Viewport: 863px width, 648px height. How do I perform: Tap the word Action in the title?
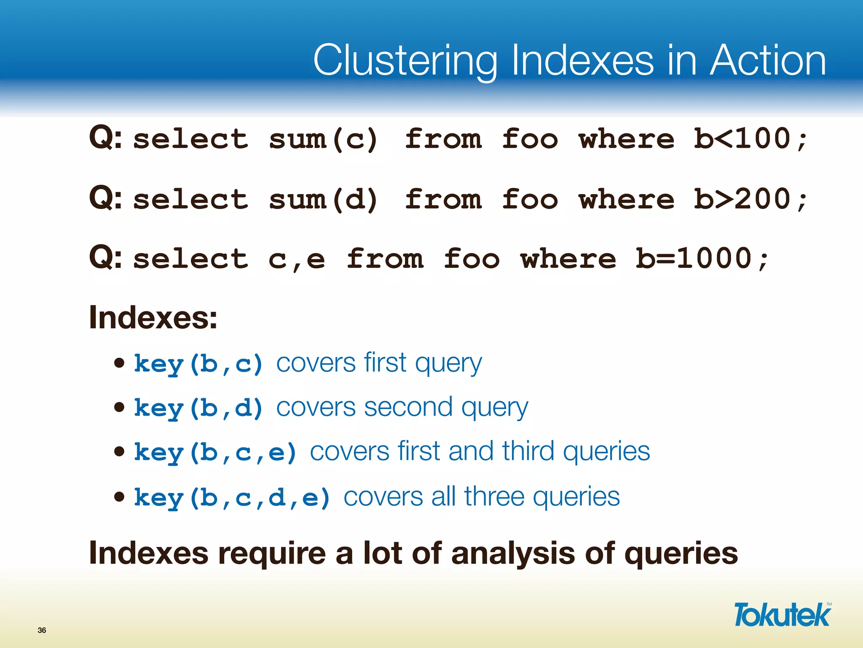tap(767, 61)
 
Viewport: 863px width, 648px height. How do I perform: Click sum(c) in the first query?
tap(323, 139)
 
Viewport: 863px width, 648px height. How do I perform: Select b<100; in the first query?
tap(750, 139)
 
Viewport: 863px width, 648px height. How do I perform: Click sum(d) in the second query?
tap(323, 200)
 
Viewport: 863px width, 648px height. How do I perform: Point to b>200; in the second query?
tap(750, 200)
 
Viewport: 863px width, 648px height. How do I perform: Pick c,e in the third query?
tap(297, 259)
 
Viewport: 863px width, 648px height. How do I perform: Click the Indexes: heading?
tap(153, 318)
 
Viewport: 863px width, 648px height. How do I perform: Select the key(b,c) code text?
tap(198, 364)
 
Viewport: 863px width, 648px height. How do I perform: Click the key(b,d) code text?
tap(198, 408)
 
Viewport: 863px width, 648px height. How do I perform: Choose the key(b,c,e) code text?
tap(215, 453)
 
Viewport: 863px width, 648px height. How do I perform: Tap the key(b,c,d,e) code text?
tap(232, 497)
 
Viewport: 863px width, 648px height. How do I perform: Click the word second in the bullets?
tap(408, 408)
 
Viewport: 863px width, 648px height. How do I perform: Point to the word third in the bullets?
tap(528, 451)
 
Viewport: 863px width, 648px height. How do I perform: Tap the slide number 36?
tap(42, 630)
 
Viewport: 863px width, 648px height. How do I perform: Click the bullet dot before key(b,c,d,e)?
tap(120, 497)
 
